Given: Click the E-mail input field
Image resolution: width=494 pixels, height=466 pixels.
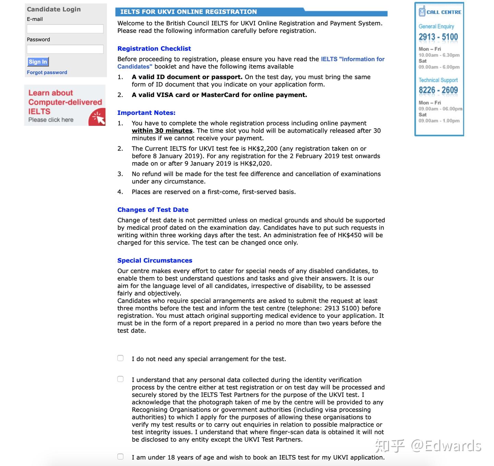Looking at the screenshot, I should (x=65, y=29).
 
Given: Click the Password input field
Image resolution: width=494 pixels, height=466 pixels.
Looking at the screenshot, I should (x=65, y=49).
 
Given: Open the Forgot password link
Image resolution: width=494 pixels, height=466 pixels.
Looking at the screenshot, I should (x=47, y=72).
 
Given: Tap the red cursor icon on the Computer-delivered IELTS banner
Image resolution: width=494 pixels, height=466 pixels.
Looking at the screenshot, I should (x=97, y=117).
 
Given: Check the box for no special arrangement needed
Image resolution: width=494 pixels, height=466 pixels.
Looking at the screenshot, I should (x=120, y=358).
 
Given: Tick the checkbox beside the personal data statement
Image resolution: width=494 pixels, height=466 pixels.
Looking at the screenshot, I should (x=120, y=379).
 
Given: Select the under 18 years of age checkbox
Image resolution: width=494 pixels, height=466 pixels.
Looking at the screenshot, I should (x=120, y=457).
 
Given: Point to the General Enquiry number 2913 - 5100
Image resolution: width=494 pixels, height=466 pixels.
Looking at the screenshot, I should (x=438, y=37).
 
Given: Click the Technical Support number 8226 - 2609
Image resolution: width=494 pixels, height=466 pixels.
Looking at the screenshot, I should (x=438, y=90).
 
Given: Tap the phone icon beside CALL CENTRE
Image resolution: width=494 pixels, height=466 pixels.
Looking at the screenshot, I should (x=422, y=11).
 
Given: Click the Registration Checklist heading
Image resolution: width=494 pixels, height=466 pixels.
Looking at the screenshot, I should (x=154, y=49).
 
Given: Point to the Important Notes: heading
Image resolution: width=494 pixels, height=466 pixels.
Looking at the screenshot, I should (x=146, y=113).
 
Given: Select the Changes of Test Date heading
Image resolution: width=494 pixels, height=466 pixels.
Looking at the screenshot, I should (x=153, y=210).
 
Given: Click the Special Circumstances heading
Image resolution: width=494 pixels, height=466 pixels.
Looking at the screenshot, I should (x=155, y=261).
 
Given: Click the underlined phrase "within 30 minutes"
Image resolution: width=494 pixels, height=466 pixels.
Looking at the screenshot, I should (x=162, y=131).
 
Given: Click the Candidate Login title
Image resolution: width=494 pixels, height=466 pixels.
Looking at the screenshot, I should (x=54, y=9).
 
